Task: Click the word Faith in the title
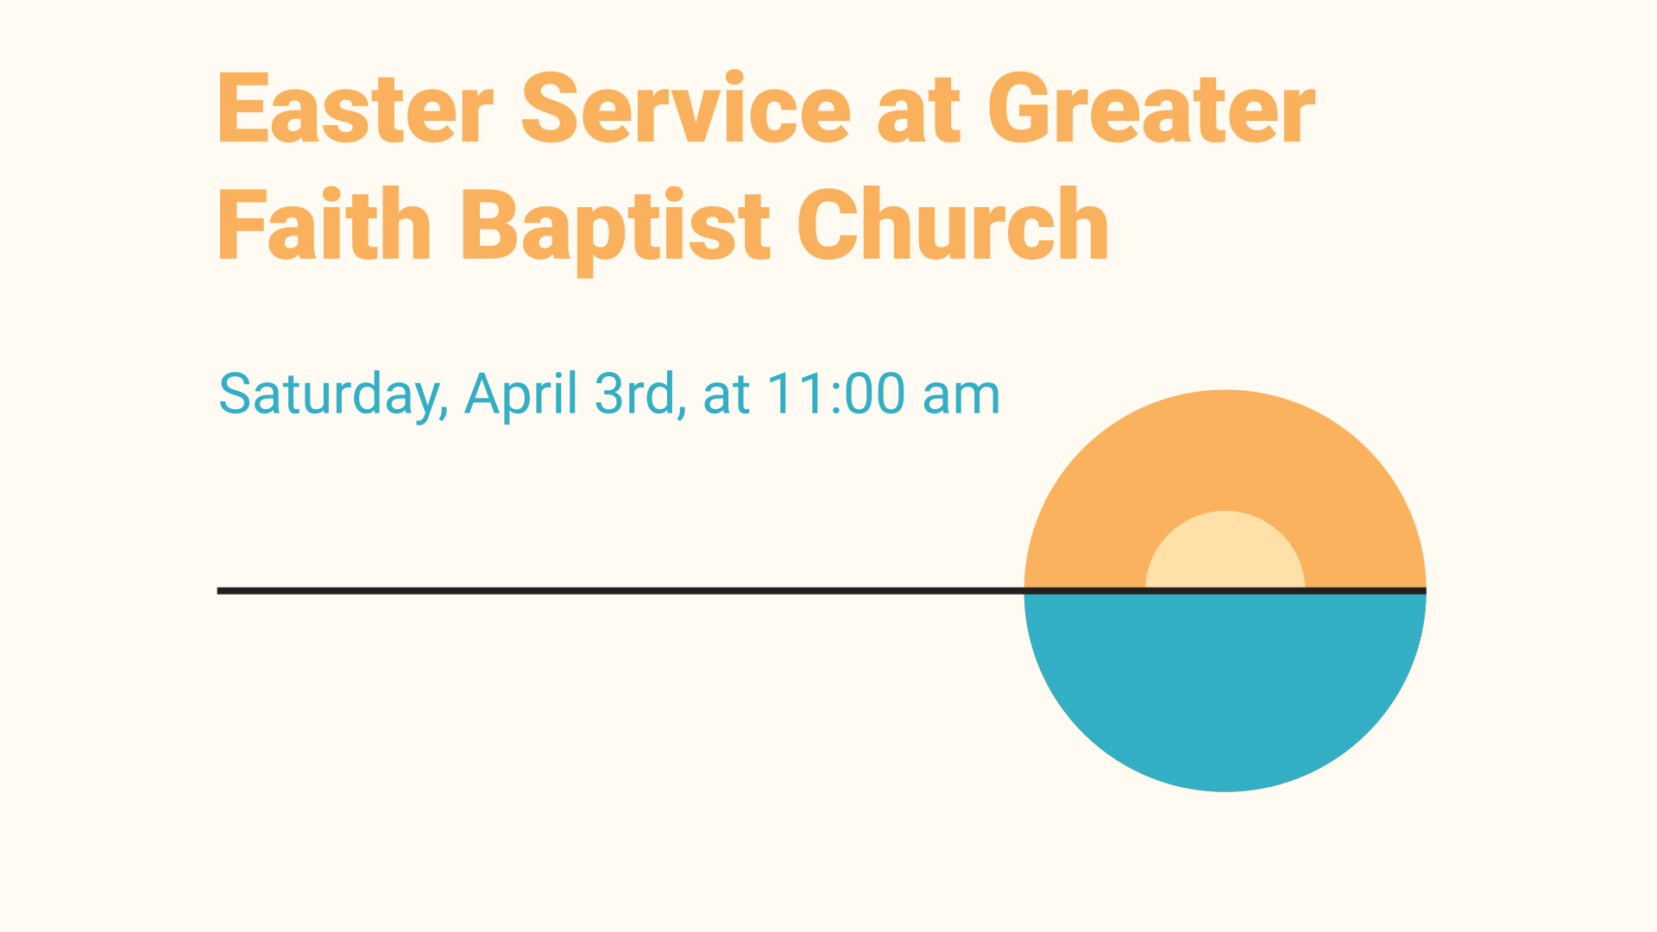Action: point(324,223)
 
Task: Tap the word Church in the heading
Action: point(953,223)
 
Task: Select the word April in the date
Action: point(521,395)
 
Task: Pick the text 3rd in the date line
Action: point(635,394)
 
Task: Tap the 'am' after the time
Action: point(961,400)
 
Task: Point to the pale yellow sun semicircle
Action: point(1225,549)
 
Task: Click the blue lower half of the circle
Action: point(1225,682)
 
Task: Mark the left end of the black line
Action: point(217,591)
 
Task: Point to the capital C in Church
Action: point(827,223)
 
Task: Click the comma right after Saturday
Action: point(444,414)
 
